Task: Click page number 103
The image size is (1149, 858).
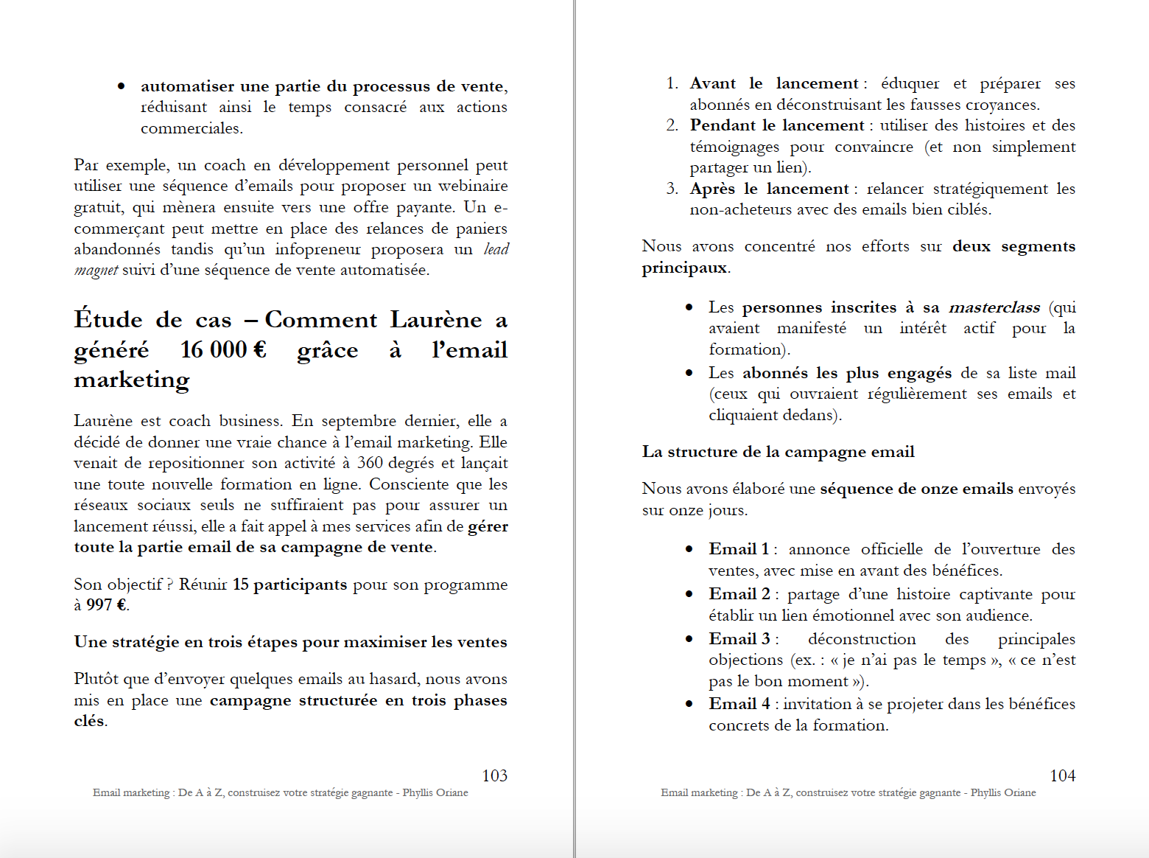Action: (x=494, y=775)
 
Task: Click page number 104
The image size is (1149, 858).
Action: (x=1062, y=775)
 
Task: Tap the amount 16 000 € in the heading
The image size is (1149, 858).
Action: (x=223, y=349)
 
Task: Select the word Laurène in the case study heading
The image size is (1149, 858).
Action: (x=435, y=320)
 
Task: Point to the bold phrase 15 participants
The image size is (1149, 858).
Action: (x=289, y=585)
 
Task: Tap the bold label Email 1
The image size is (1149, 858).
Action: (x=739, y=549)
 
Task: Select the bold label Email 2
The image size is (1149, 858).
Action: (x=739, y=594)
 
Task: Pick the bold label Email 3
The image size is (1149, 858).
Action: (x=739, y=639)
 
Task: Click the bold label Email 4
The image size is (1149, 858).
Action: (x=739, y=704)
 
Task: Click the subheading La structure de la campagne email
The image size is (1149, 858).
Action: (x=778, y=452)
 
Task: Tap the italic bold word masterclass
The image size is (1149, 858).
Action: (x=994, y=307)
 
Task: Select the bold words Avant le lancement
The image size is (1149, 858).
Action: (x=773, y=83)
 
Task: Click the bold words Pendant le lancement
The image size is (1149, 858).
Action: (x=776, y=125)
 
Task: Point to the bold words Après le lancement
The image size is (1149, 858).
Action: (x=769, y=189)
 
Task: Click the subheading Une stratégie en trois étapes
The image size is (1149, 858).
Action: (x=290, y=642)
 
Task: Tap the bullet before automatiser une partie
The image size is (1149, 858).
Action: (x=122, y=87)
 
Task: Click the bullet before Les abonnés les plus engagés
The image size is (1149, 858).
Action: (x=689, y=373)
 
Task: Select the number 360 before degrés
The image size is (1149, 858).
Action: (x=370, y=463)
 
